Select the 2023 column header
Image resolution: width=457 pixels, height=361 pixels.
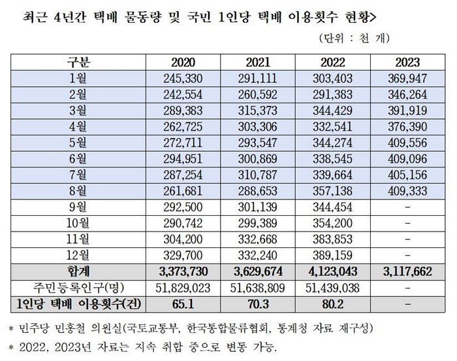407,63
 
